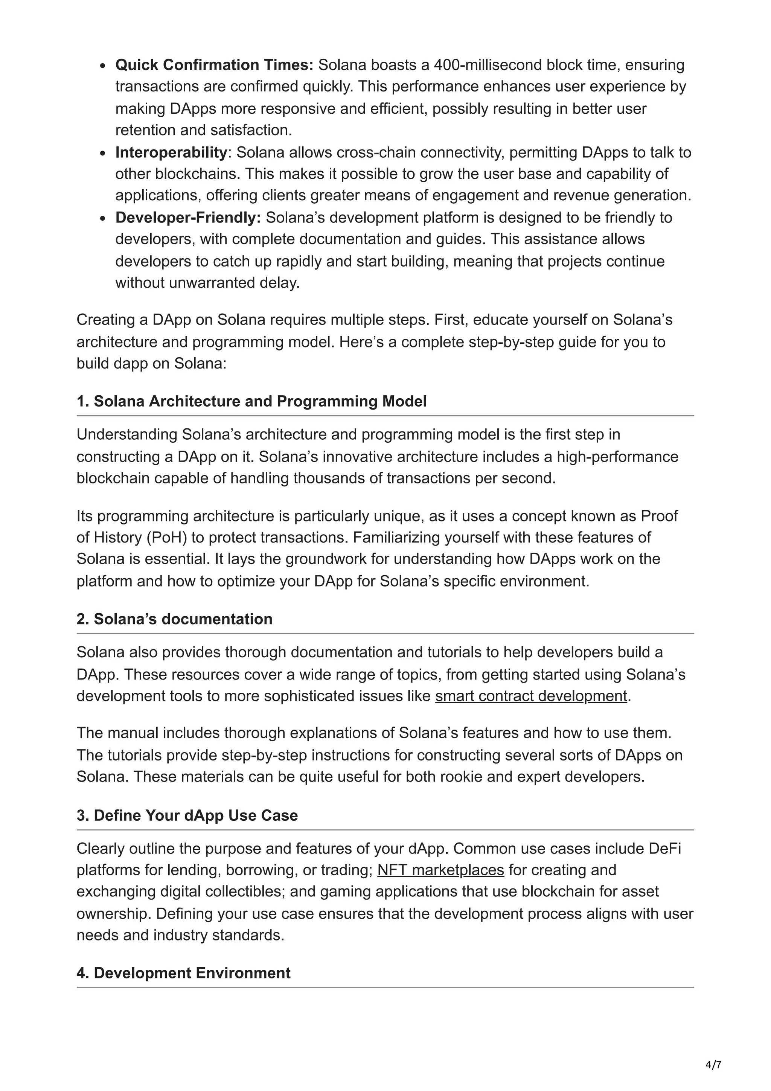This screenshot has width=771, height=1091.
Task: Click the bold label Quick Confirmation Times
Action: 214,65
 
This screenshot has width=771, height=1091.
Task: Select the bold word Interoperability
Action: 171,152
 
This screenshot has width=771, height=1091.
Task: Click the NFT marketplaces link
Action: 440,870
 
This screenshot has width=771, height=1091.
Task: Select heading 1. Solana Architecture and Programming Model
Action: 251,402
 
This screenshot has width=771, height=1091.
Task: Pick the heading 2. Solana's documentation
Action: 174,619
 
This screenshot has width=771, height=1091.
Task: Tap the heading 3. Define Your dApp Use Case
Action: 187,815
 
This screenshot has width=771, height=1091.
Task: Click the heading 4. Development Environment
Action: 183,973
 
